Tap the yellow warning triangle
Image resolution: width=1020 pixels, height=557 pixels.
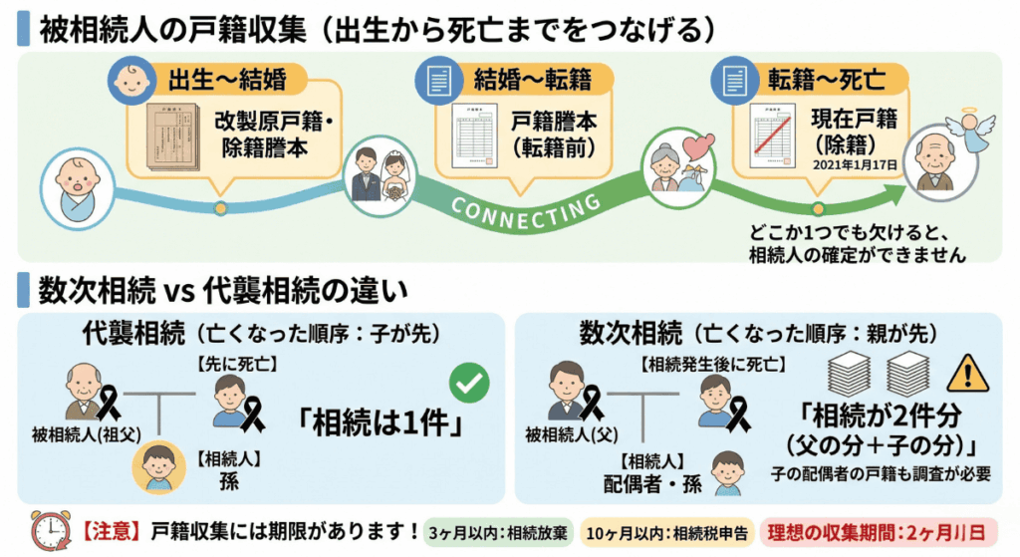tap(965, 374)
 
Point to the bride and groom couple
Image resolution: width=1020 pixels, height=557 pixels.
tap(382, 173)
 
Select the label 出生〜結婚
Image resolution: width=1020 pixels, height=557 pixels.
tap(214, 79)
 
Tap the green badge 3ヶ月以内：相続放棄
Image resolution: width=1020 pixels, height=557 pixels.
tap(487, 530)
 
